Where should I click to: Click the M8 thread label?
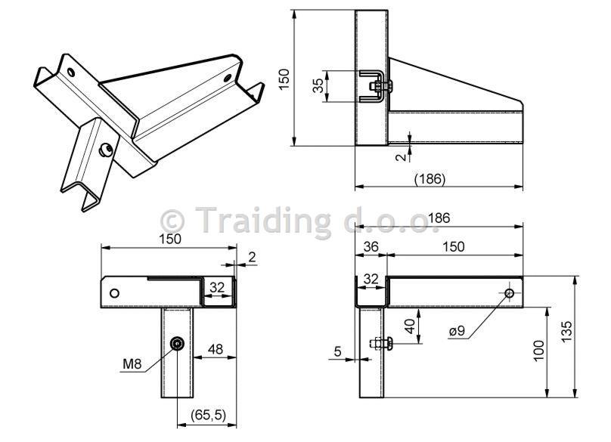(132, 364)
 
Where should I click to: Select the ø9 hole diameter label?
(457, 331)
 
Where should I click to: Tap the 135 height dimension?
(566, 332)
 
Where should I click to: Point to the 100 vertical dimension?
(538, 351)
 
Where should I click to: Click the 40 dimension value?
(410, 326)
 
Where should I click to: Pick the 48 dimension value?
(216, 349)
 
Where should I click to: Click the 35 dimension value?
(318, 85)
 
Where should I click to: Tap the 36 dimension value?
(371, 246)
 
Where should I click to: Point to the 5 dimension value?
(338, 351)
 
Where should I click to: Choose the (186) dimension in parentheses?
(430, 179)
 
